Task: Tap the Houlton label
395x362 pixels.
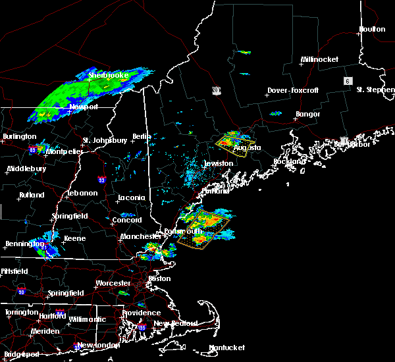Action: click(x=371, y=29)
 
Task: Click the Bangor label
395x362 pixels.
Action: click(x=307, y=114)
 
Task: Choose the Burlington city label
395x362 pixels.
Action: click(x=20, y=136)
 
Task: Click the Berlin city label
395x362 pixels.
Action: click(x=142, y=136)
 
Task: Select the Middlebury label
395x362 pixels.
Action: click(x=26, y=168)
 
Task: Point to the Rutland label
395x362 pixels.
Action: click(x=31, y=195)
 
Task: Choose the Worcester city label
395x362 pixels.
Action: click(x=113, y=283)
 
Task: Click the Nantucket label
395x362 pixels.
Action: click(x=226, y=348)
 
